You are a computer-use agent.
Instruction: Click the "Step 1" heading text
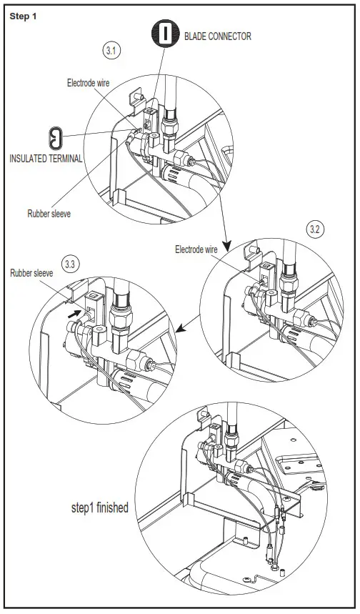(24, 16)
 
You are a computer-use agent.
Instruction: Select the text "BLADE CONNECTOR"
(218, 36)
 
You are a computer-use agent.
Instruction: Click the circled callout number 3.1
(113, 51)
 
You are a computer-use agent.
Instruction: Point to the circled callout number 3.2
(316, 229)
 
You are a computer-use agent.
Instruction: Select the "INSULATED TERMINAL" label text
(46, 158)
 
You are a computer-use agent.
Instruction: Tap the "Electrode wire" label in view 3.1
(88, 83)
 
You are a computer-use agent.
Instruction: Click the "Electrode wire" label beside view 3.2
(196, 249)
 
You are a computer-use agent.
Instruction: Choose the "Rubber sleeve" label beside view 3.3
(31, 272)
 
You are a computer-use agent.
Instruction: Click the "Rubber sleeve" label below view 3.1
(50, 213)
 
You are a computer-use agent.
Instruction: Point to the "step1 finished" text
(99, 507)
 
